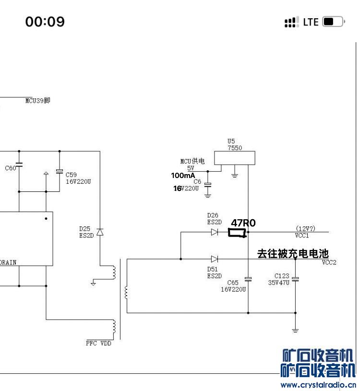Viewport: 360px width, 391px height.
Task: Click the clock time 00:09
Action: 45,22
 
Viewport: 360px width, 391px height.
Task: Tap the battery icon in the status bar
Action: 334,22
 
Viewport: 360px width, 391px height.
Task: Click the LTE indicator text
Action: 311,22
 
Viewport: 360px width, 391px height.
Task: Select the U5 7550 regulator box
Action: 234,158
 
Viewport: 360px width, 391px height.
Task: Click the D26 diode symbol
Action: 215,232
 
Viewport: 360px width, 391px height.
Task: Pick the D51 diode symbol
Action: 215,259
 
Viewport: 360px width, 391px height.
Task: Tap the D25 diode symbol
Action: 100,232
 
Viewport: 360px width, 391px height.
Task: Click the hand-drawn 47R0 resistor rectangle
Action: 237,233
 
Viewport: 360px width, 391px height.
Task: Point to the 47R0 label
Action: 243,223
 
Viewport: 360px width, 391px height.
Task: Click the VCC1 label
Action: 302,236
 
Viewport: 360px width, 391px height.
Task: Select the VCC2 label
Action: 329,262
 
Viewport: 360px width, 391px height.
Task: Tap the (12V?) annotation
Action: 305,228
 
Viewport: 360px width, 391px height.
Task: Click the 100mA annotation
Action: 183,176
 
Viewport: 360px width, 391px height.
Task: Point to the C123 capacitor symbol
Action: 295,278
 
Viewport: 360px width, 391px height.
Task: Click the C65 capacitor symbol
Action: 248,279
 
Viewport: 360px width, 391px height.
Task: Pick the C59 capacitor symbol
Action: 60,171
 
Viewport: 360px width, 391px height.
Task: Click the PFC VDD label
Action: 98,343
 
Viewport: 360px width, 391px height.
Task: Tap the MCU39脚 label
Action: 37,101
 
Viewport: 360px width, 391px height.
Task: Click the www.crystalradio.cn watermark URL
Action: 318,385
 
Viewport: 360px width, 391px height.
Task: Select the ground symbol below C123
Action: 295,330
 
